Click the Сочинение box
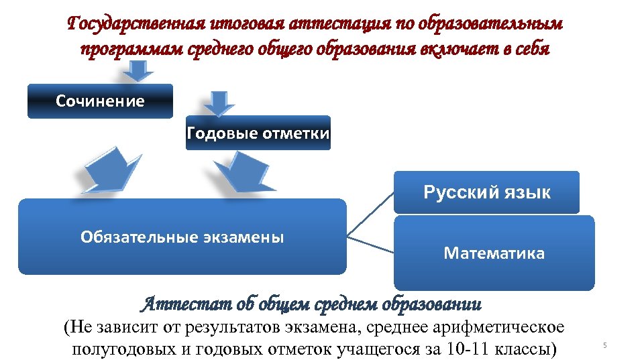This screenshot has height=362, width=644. [100, 101]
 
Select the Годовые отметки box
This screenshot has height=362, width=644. [258, 133]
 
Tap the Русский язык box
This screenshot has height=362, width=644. [486, 193]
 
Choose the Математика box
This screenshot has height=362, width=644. [494, 253]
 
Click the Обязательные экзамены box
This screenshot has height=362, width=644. [182, 237]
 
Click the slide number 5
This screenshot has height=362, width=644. [604, 345]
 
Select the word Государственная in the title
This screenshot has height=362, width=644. [127, 25]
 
